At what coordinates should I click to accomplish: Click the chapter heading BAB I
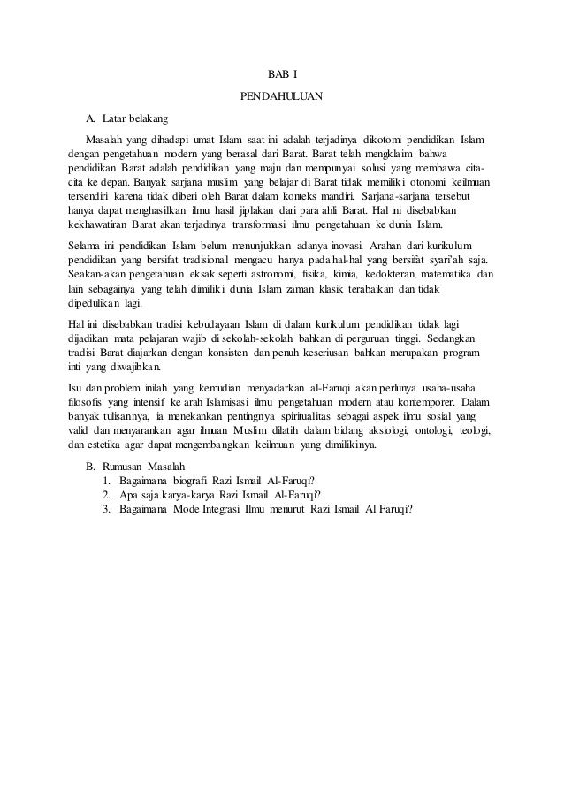coord(281,72)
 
